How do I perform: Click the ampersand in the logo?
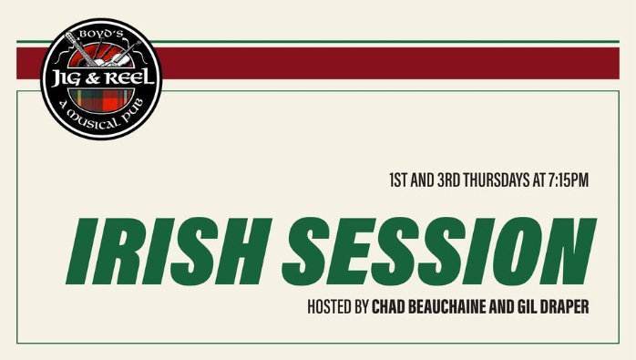coord(96,79)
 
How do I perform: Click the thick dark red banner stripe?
coord(364,63)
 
